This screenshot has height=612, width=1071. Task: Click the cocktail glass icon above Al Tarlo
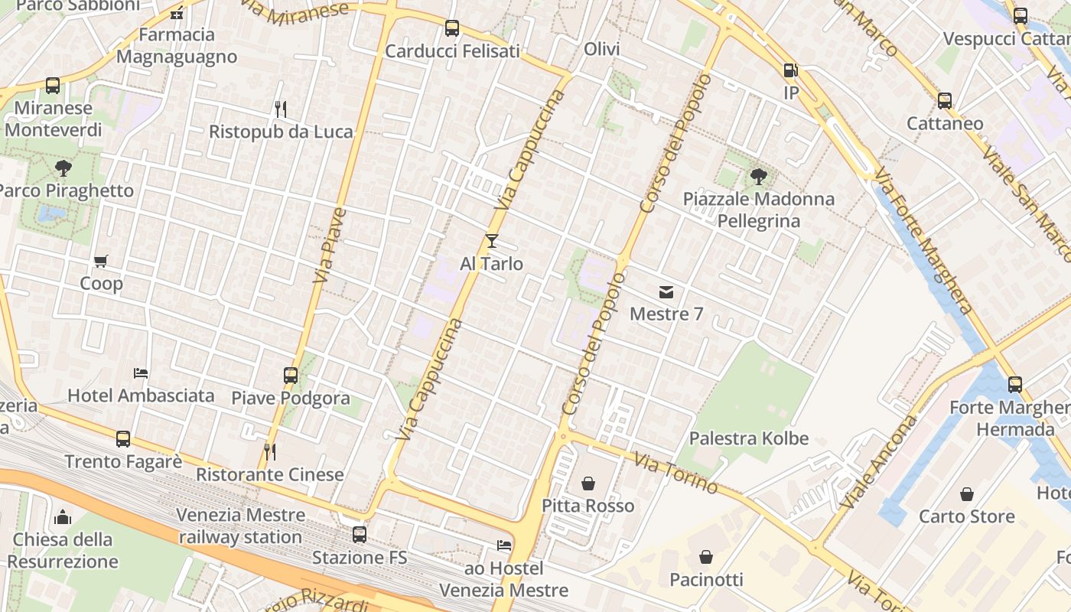491,241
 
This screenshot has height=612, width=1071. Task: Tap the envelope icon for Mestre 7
666,291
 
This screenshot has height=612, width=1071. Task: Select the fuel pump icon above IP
790,70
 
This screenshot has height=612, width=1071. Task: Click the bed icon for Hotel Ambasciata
141,373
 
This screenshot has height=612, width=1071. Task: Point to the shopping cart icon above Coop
101,262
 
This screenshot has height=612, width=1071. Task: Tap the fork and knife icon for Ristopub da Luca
281,109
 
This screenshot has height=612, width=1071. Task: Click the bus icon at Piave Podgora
291,376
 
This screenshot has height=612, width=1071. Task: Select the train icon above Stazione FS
360,535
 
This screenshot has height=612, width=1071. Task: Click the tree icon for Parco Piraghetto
63,168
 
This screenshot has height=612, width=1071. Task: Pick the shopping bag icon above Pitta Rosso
588,483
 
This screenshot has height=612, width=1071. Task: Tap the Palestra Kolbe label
749,438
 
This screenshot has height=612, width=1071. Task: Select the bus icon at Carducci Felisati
452,29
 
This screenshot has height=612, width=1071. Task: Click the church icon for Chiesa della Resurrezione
63,517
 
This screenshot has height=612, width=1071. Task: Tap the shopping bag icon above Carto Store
967,494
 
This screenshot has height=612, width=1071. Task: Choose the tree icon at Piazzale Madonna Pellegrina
758,177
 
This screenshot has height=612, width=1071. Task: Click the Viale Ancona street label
878,462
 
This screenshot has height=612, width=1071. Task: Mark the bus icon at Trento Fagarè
123,439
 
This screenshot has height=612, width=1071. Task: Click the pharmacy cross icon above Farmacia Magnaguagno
177,12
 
